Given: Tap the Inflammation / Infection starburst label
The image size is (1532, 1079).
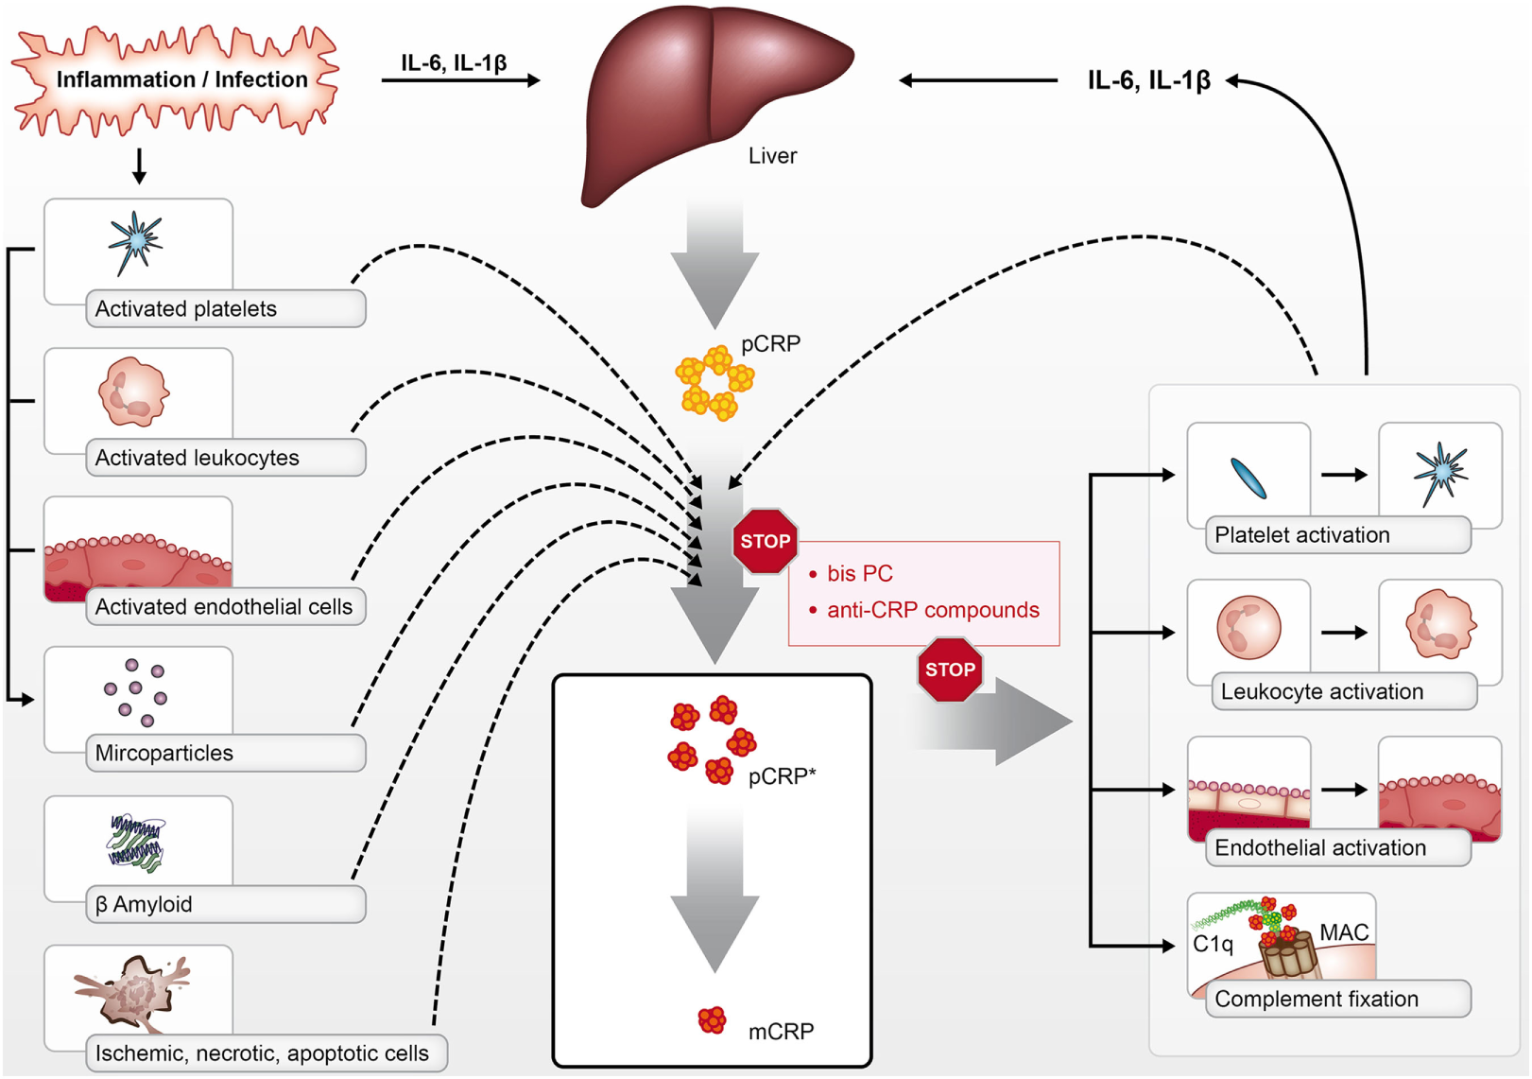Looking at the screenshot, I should pyautogui.click(x=181, y=79).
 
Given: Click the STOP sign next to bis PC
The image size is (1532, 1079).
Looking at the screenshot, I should pyautogui.click(x=765, y=541).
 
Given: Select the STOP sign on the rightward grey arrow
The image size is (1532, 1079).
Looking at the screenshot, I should pyautogui.click(x=949, y=670).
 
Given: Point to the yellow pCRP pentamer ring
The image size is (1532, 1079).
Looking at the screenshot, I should pyautogui.click(x=714, y=384).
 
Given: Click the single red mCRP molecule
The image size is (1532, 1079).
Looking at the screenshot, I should pyautogui.click(x=712, y=1020).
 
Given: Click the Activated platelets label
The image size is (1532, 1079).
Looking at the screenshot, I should pyautogui.click(x=185, y=309).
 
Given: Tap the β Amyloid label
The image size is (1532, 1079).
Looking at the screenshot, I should pyautogui.click(x=144, y=905).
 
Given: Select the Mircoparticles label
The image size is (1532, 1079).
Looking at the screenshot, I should pyautogui.click(x=164, y=754).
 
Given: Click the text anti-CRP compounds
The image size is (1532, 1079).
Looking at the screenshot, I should pyautogui.click(x=932, y=610).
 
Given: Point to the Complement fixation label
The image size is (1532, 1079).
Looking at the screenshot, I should pyautogui.click(x=1316, y=1000).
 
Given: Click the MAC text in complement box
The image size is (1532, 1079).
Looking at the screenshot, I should pyautogui.click(x=1343, y=932).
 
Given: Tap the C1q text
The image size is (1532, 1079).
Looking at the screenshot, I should pyautogui.click(x=1213, y=944).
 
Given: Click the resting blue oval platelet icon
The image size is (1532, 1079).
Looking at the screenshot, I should pyautogui.click(x=1248, y=478).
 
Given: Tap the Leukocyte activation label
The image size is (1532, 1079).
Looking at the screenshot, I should pyautogui.click(x=1321, y=692).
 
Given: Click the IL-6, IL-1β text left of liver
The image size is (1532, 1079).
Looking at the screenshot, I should pyautogui.click(x=454, y=63).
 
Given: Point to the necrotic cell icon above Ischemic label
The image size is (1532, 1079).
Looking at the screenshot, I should pyautogui.click(x=135, y=991).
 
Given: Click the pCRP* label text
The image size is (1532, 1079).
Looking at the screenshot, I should pyautogui.click(x=782, y=776).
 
